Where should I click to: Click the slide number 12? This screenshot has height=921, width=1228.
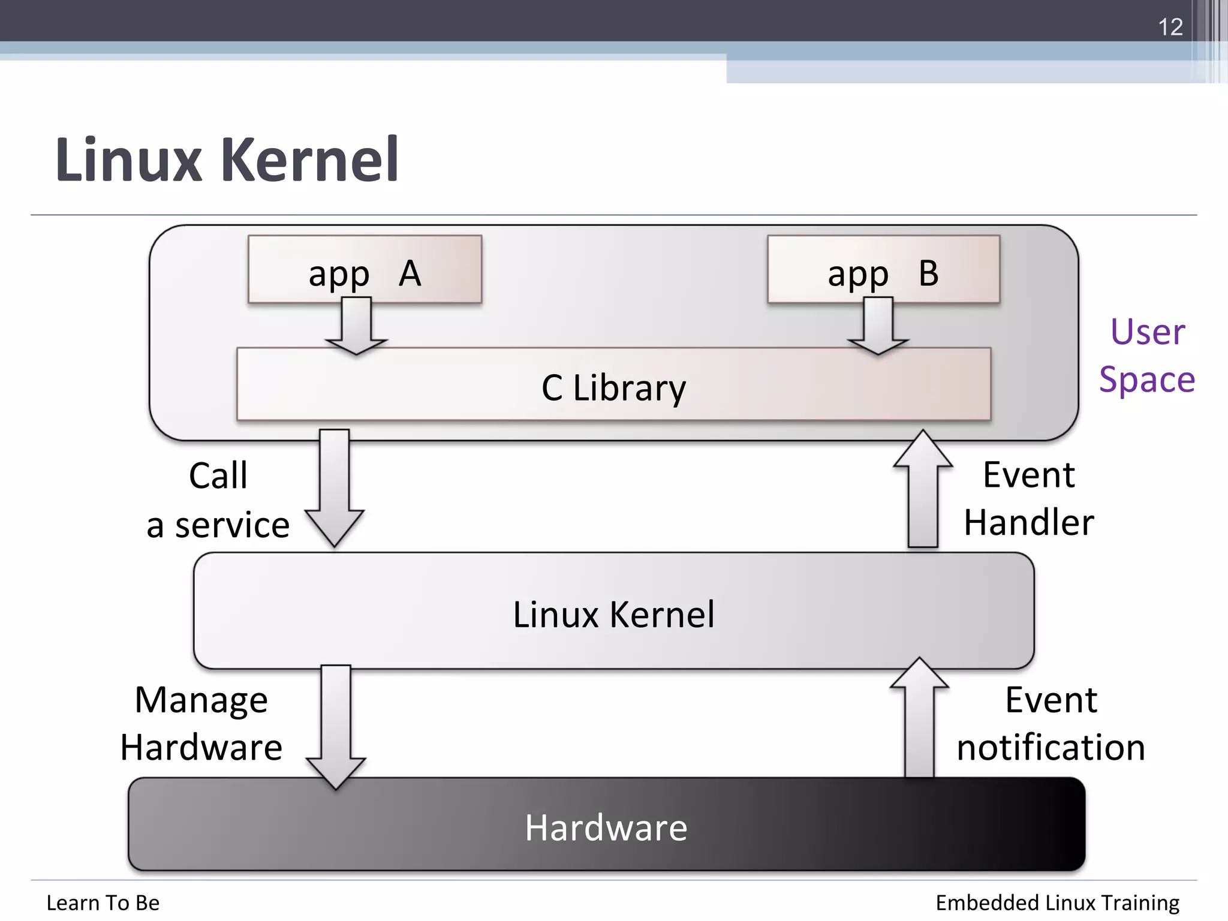[x=1170, y=27]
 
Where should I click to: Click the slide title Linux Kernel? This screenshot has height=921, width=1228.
[x=227, y=160]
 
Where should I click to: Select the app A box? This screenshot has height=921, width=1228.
[x=365, y=270]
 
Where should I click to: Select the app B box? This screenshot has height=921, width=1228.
[x=883, y=270]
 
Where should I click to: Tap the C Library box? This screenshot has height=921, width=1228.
[x=613, y=385]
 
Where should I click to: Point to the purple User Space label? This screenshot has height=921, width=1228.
[x=1147, y=356]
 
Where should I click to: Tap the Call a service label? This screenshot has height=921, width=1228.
[x=218, y=500]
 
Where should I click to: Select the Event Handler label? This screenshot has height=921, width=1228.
[x=1029, y=498]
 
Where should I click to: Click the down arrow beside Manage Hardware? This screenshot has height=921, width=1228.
[x=336, y=726]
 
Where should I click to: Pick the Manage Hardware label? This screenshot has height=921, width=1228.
[x=201, y=724]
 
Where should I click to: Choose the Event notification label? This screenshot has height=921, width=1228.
[x=1051, y=724]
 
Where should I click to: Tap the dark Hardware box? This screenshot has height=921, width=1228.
[x=606, y=826]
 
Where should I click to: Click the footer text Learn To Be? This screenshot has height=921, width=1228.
[x=103, y=902]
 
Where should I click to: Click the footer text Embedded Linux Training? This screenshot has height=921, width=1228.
[x=1057, y=902]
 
